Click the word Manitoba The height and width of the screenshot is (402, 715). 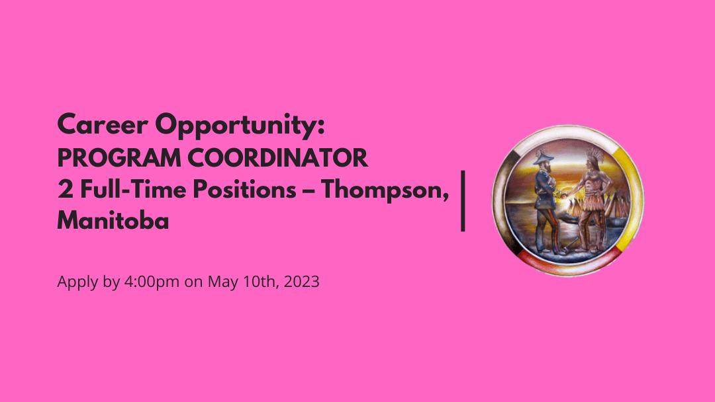pyautogui.click(x=113, y=221)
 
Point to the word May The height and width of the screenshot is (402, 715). pyautogui.click(x=220, y=282)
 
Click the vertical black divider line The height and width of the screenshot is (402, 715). pyautogui.click(x=463, y=200)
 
